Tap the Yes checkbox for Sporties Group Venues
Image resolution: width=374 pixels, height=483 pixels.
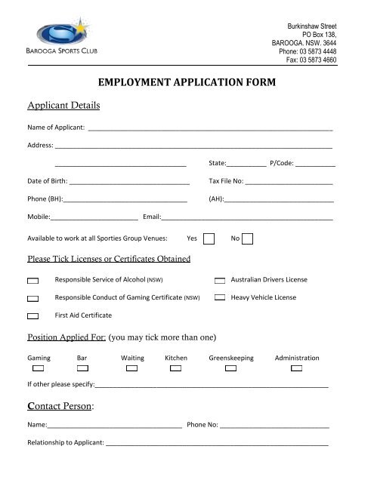209,238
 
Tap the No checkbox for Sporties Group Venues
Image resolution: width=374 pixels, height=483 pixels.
247,238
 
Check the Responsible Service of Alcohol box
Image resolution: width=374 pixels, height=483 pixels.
33,280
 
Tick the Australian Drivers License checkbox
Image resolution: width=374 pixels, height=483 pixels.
220,280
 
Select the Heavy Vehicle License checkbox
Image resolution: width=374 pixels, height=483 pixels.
220,298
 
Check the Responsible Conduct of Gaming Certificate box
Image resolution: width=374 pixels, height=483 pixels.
33,298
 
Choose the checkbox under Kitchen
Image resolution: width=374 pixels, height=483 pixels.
176,368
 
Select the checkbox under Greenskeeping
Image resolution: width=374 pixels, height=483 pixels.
231,368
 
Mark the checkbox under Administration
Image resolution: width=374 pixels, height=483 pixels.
297,368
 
